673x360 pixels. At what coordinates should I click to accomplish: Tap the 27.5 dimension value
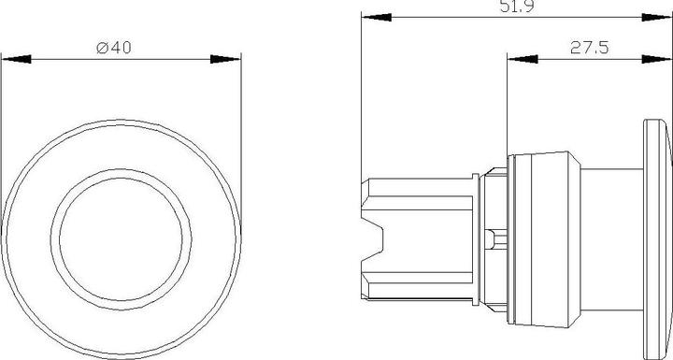(589, 48)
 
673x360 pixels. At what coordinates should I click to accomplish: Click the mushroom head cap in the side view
(654, 234)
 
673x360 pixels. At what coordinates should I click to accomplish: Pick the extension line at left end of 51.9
(361, 94)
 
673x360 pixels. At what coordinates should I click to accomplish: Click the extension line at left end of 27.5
(507, 103)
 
